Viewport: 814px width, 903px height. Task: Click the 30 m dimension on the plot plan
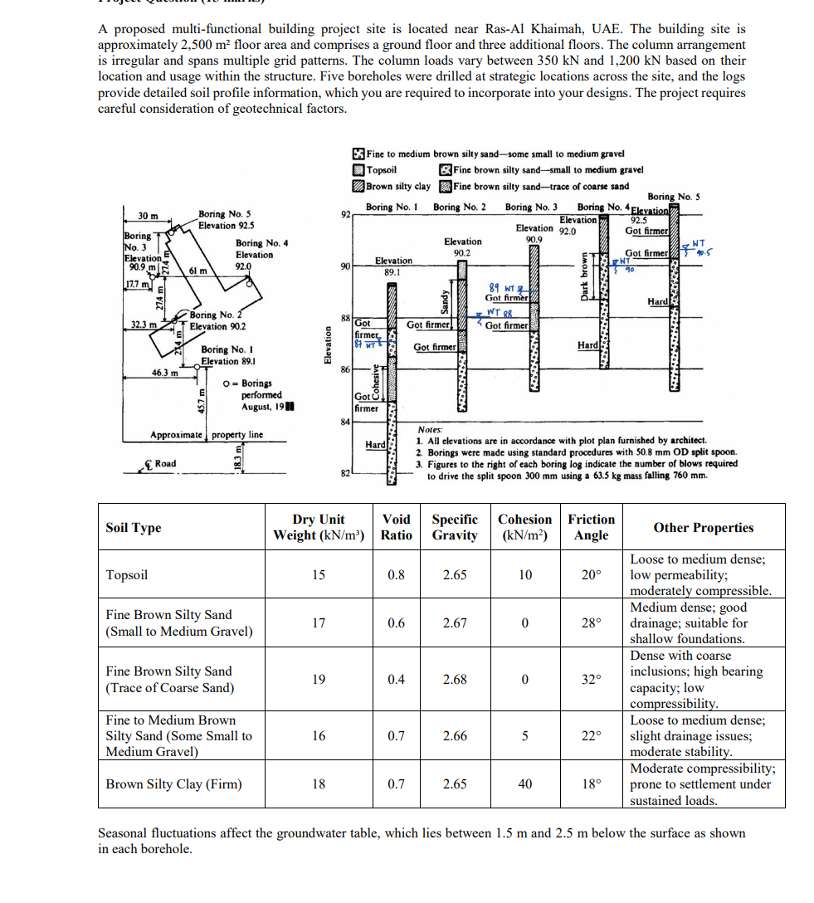pos(149,217)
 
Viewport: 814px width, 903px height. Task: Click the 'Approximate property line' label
pos(207,435)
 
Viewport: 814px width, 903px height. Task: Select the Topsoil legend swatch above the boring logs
pos(358,170)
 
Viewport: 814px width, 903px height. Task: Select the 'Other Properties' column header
pos(703,528)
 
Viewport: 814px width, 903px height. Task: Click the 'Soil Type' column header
pos(134,528)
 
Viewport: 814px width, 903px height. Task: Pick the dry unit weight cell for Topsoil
pos(319,574)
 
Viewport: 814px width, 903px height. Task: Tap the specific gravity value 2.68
pos(455,679)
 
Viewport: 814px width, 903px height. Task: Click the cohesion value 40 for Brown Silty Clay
pos(524,783)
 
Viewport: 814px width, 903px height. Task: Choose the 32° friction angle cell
pos(591,679)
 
